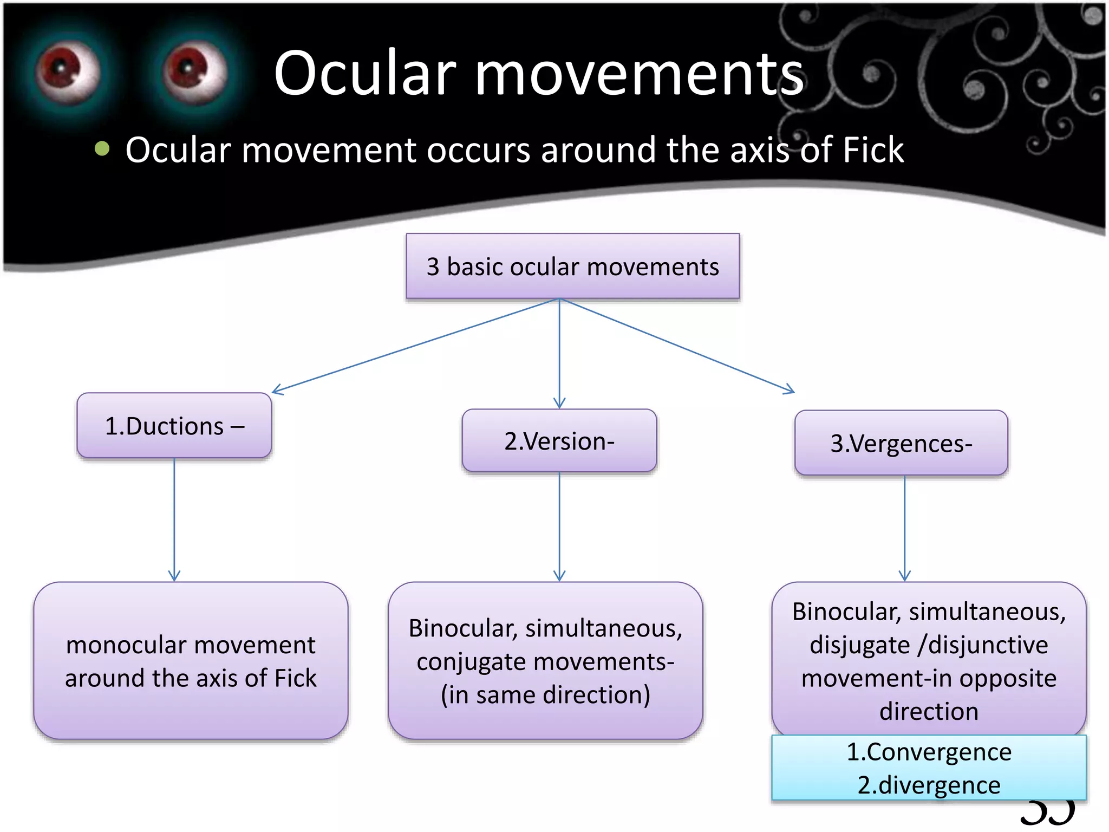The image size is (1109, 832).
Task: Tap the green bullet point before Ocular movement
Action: click(x=102, y=148)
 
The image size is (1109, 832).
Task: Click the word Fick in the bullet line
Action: click(x=872, y=150)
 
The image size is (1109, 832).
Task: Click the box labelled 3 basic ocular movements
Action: click(x=572, y=266)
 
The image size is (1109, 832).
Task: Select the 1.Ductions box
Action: click(x=174, y=426)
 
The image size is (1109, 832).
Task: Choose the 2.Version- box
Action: click(x=559, y=441)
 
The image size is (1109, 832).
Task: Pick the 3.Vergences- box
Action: click(x=901, y=444)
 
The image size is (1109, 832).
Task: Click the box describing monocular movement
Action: click(x=191, y=661)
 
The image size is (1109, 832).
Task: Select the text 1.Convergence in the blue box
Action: click(x=929, y=752)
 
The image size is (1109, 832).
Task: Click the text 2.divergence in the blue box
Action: click(x=929, y=785)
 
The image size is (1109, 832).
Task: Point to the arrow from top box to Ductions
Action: click(x=412, y=347)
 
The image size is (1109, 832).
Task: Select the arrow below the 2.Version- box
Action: click(x=559, y=525)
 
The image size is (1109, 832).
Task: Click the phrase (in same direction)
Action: click(x=545, y=695)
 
